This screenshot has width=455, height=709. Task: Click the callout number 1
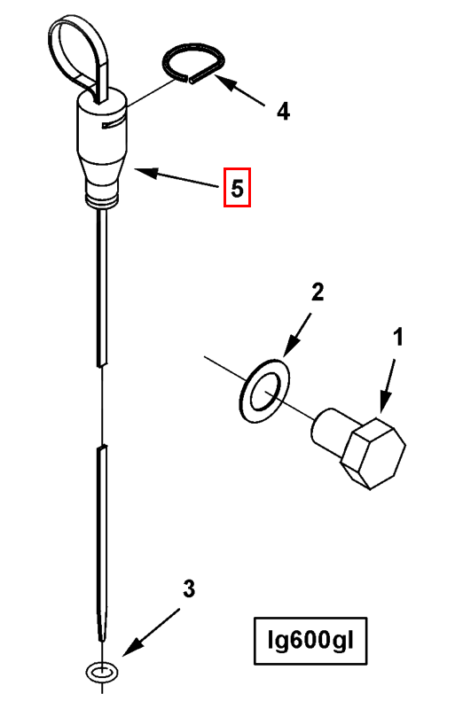[398, 338]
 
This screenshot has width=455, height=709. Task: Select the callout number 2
[318, 292]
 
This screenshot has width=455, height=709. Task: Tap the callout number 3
[189, 588]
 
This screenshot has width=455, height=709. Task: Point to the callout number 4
[284, 112]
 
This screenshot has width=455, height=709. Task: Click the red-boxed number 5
[237, 188]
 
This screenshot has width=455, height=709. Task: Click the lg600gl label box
[310, 641]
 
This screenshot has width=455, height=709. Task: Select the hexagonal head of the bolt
[373, 453]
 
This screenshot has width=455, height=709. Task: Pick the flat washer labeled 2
[264, 391]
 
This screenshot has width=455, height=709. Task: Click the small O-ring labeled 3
[103, 672]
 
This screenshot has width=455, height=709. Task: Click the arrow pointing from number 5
[177, 178]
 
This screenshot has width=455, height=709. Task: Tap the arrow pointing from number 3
[151, 632]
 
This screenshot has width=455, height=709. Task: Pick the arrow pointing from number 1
[388, 386]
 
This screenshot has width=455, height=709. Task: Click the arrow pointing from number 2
[298, 337]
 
